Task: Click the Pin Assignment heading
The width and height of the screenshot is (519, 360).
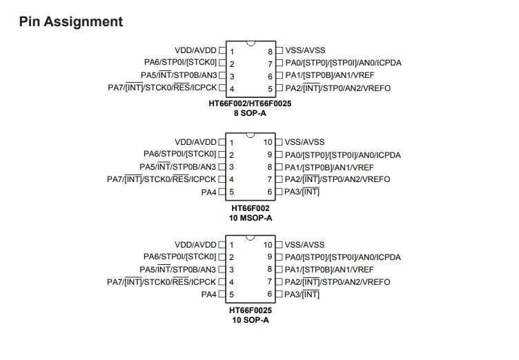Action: coord(71,22)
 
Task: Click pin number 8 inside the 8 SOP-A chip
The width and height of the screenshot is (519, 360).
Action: coord(270,52)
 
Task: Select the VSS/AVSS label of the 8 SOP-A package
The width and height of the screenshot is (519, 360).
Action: coord(305,50)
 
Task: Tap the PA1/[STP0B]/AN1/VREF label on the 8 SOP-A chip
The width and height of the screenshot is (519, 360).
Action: coord(330,75)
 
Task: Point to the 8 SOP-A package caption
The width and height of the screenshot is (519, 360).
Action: coord(250,113)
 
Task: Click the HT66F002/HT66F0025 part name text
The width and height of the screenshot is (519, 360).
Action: coord(250,103)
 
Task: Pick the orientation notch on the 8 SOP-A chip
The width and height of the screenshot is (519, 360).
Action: coord(251,43)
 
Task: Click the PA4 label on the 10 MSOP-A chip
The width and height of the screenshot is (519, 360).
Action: coord(208,192)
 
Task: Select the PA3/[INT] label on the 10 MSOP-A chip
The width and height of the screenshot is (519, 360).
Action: coord(302,192)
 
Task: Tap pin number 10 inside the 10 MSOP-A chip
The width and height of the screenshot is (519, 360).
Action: coord(268,142)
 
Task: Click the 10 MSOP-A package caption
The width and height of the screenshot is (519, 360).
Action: coord(251,218)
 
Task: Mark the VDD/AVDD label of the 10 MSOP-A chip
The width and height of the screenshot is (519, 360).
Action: coord(195,142)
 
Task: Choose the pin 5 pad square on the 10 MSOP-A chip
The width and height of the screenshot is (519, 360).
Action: coord(222,192)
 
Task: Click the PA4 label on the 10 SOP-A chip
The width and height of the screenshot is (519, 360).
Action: coord(208,294)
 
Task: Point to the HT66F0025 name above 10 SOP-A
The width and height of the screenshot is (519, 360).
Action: coord(251,310)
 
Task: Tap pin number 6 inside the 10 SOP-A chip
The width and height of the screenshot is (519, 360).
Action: coord(270,294)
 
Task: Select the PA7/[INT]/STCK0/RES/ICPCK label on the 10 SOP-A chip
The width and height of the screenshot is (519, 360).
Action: coord(161,282)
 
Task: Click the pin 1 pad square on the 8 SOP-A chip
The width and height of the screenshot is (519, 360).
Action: coord(222,50)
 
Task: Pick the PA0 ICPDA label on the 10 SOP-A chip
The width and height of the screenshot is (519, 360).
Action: coord(342,257)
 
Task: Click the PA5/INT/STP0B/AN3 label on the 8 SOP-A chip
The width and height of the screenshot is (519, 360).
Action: coord(179,75)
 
